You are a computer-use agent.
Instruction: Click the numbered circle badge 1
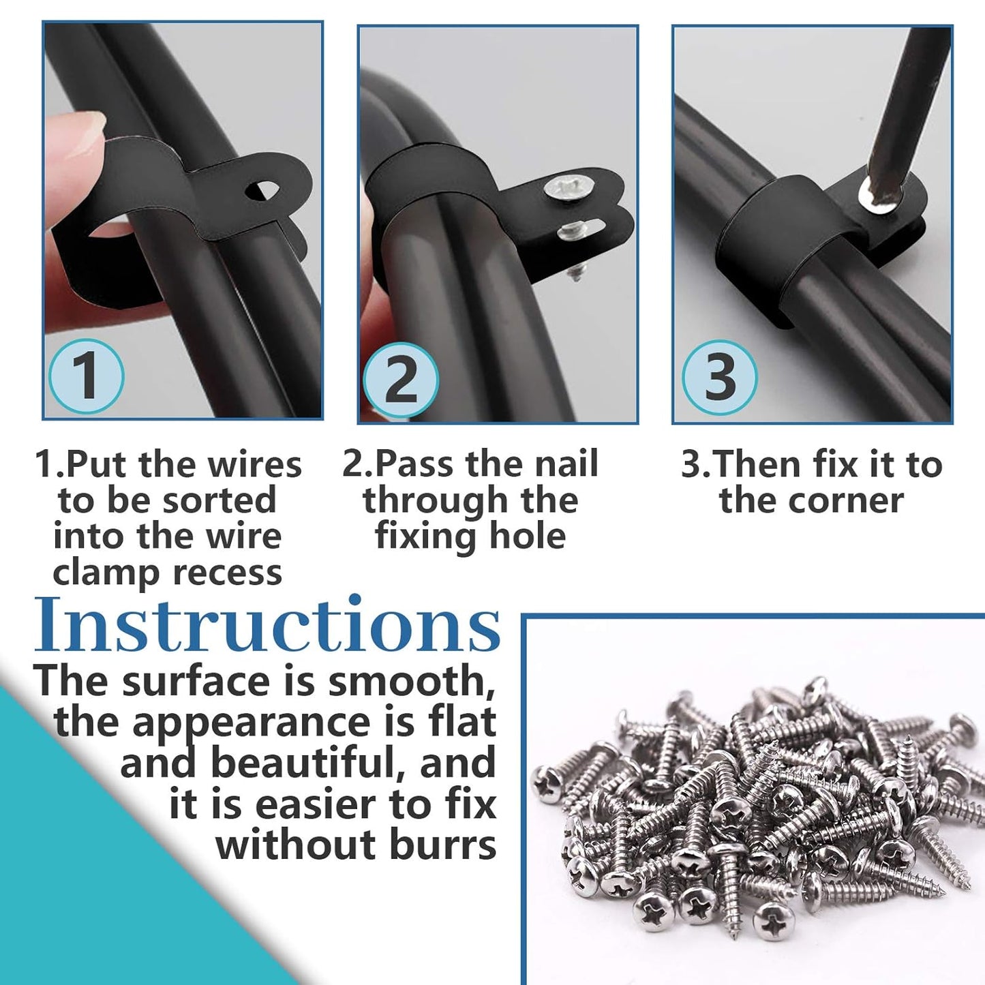click(x=87, y=376)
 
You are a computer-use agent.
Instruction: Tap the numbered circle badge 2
click(x=400, y=380)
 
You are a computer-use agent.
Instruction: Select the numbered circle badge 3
click(x=720, y=377)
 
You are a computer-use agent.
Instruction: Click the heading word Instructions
click(x=267, y=626)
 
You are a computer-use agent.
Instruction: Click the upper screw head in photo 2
click(x=563, y=187)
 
